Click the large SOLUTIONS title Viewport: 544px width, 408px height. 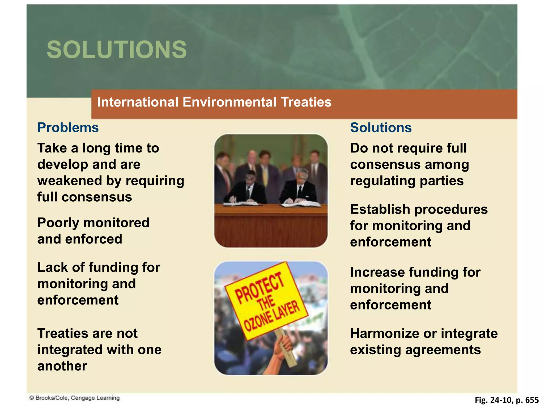(x=117, y=50)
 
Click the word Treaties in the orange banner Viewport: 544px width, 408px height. (x=306, y=102)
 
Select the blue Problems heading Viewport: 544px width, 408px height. (x=68, y=127)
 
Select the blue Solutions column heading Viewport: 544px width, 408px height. (x=381, y=127)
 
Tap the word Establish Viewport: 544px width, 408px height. (x=380, y=209)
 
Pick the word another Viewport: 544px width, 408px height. (x=62, y=366)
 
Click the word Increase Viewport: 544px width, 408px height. (x=377, y=272)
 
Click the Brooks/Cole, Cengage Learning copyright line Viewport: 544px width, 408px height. (x=74, y=398)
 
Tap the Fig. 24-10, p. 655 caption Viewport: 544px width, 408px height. (x=507, y=400)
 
